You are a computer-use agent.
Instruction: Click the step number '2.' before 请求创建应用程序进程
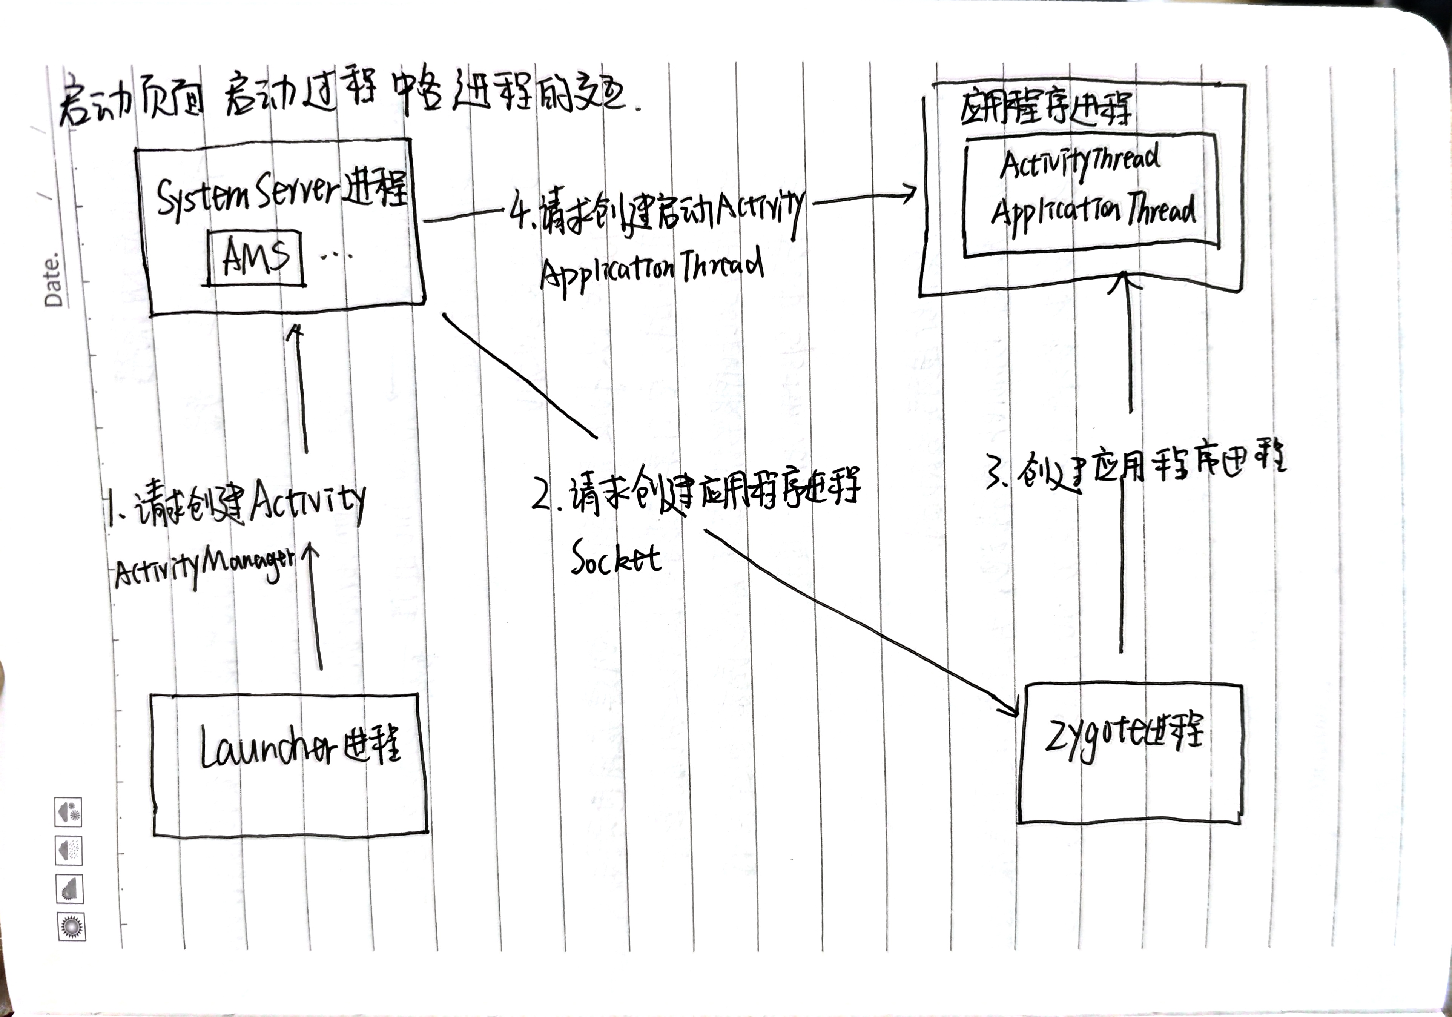coord(545,496)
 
